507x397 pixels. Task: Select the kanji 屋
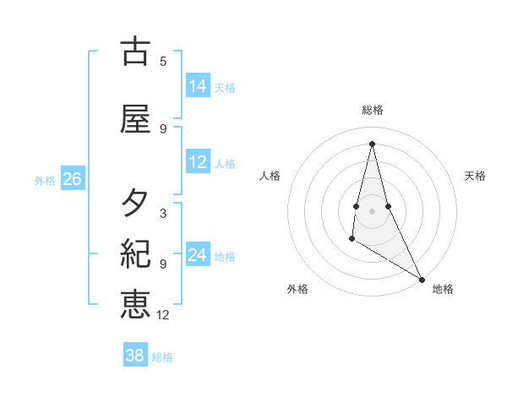pos(135,119)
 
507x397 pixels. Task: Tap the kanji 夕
pos(135,203)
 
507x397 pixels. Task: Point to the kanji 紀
pos(135,253)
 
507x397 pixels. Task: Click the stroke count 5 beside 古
pos(163,61)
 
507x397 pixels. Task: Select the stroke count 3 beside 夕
pos(163,213)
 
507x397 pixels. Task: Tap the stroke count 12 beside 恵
pos(163,315)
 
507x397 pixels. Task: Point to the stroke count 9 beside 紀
pos(163,264)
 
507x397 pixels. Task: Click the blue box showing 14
pos(198,86)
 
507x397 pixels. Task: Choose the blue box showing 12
pos(198,162)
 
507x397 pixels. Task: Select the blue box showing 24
pos(198,255)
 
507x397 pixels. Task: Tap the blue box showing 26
pos(72,179)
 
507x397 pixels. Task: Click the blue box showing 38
pos(135,356)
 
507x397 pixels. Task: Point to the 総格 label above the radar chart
pos(373,110)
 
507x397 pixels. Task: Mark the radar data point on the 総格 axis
pos(372,143)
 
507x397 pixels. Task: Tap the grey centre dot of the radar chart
pos(372,210)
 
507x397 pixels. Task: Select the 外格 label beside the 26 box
pos(44,180)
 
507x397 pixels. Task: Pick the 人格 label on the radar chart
pos(270,176)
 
